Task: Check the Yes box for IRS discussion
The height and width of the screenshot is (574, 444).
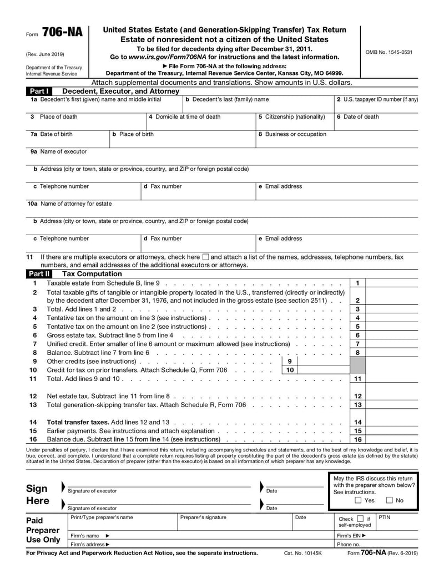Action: pos(358,500)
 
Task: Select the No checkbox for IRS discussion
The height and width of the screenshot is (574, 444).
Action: pos(390,500)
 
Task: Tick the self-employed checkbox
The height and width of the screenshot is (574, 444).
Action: pos(360,519)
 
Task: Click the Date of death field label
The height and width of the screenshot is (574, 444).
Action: pos(358,116)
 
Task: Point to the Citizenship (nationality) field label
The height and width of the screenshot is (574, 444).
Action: pos(292,116)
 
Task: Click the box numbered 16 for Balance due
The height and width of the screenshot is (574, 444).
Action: pos(358,439)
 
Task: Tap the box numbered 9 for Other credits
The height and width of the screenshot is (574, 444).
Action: pos(290,361)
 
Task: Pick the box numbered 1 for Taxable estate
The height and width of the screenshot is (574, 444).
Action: pos(358,283)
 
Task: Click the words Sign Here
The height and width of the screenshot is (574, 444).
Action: pos(38,495)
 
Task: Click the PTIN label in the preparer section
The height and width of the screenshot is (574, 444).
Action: pos(384,517)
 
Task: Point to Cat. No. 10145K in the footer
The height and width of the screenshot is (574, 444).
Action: pos(303,553)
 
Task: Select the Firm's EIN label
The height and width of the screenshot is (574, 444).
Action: pos(351,536)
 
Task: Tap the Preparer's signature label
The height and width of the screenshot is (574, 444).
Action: pos(204,517)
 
